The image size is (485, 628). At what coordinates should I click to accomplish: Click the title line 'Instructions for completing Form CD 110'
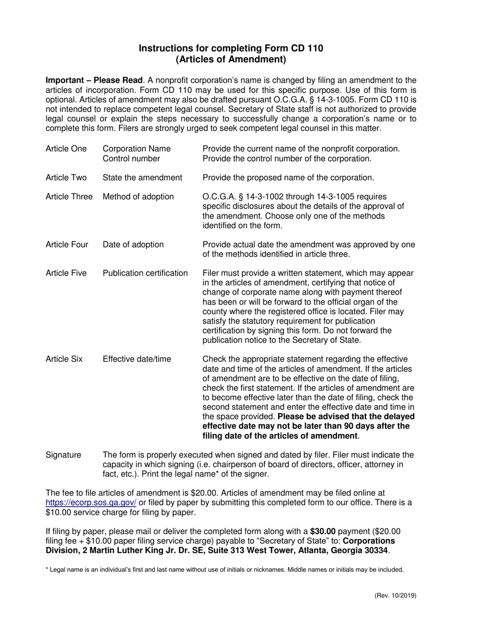(x=231, y=49)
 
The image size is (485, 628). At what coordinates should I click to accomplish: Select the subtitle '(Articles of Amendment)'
(x=231, y=59)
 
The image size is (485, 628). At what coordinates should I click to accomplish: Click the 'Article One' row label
(x=66, y=149)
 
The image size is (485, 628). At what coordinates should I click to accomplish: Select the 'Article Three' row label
(x=69, y=197)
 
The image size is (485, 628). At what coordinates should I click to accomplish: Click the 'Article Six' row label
(x=64, y=359)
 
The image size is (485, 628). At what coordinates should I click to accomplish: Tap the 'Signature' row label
(x=63, y=455)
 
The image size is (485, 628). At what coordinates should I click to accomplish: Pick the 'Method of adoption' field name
(x=138, y=197)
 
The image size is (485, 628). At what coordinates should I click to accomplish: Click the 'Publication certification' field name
(x=145, y=273)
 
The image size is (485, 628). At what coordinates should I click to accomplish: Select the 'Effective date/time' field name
(x=137, y=359)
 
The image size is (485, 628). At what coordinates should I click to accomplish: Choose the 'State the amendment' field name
(x=142, y=178)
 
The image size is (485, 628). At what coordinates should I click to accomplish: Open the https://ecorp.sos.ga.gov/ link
(x=91, y=502)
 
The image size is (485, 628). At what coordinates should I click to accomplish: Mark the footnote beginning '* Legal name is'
(x=225, y=569)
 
